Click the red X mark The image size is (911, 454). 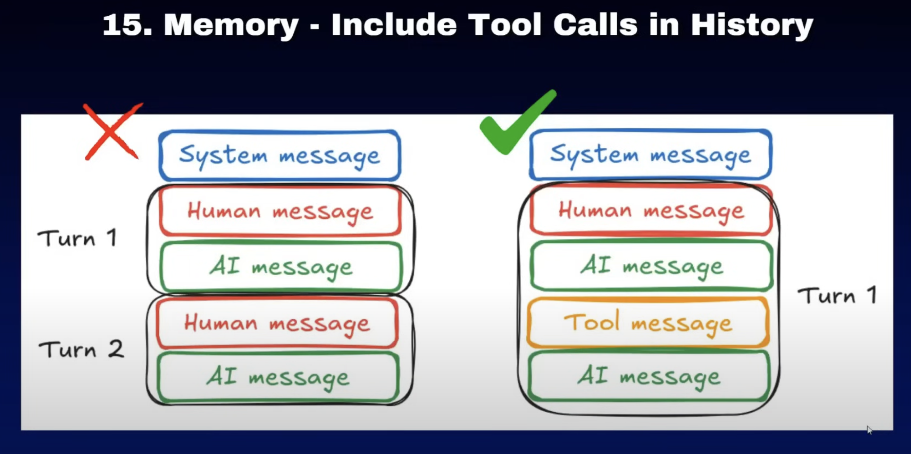[112, 132]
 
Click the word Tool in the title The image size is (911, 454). [505, 25]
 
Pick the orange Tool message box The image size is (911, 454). [648, 322]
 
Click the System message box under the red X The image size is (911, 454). [280, 155]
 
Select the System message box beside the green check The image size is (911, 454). [651, 155]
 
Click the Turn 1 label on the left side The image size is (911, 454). [77, 238]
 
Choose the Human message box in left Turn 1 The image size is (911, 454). [281, 211]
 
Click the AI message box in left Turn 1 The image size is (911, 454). [281, 267]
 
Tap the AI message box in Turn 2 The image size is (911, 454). [278, 377]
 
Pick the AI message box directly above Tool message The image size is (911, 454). [652, 266]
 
